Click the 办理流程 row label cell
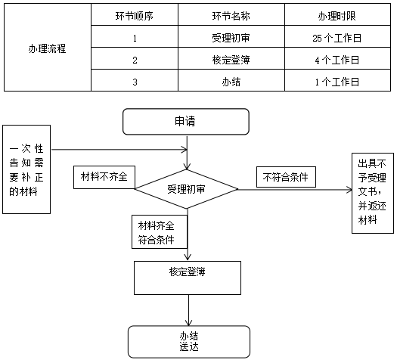pos(46,48)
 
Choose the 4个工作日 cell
pos(335,60)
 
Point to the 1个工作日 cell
pos(335,82)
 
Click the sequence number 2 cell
pos(135,60)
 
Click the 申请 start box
pos(187,121)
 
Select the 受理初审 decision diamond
pos(187,189)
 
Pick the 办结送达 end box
pos(188,342)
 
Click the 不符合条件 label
pos(286,177)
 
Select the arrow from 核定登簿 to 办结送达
pos(188,309)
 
